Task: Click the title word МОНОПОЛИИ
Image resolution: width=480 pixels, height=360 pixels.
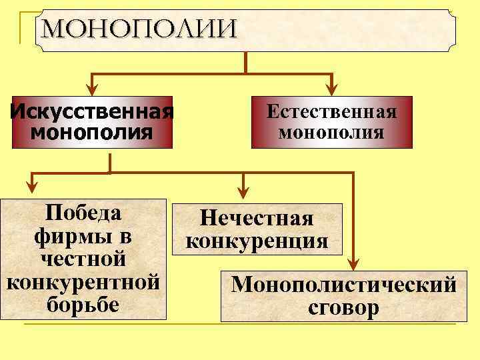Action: [138, 29]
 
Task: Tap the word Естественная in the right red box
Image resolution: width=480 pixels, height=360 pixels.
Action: [331, 111]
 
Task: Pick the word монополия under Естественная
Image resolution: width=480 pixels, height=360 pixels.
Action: [331, 131]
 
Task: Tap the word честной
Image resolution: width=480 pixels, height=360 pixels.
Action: [83, 259]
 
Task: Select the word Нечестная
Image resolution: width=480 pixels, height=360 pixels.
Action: [257, 219]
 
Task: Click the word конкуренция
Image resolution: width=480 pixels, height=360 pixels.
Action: [257, 241]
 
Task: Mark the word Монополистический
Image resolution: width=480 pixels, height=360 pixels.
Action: [344, 285]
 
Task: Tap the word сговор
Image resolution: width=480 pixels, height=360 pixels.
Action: [344, 308]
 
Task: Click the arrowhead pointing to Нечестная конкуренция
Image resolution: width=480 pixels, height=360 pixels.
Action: [243, 191]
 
